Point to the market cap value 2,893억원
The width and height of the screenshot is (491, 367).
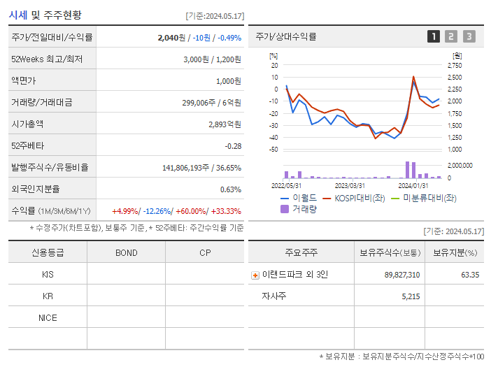[225, 124]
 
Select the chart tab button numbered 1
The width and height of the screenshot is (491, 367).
[434, 36]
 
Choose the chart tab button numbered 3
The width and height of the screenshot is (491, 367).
[469, 36]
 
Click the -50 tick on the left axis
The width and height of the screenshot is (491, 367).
[273, 150]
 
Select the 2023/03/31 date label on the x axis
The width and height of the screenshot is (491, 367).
[350, 185]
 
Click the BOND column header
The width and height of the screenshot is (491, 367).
[126, 252]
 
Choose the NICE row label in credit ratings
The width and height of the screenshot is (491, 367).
[48, 317]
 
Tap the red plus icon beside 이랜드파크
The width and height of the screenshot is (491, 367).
[255, 275]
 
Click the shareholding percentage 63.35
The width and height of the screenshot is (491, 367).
[470, 275]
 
